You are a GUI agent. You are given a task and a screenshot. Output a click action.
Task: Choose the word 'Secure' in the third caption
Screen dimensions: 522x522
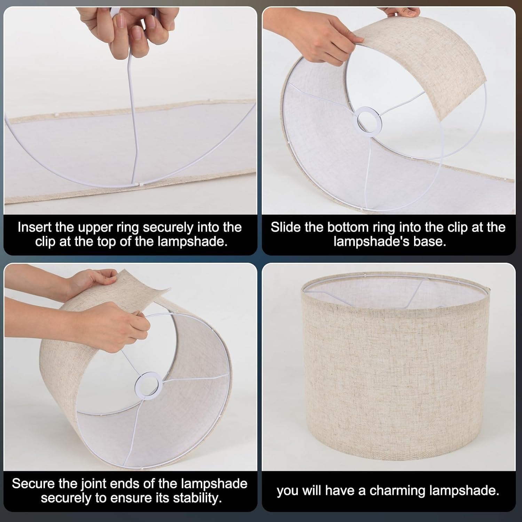(33, 484)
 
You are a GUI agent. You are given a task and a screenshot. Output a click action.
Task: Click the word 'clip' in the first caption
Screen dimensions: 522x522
(46, 241)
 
